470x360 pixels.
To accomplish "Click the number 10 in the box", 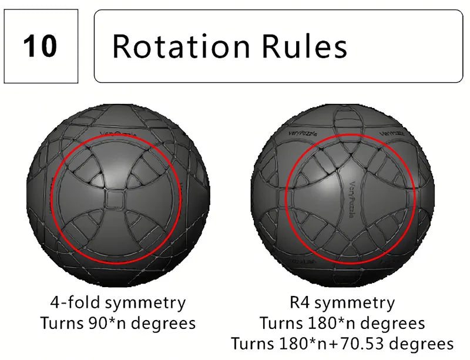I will tap(40, 46).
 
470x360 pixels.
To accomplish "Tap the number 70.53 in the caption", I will tap(367, 343).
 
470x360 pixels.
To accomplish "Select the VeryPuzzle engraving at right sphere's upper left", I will tap(304, 134).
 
